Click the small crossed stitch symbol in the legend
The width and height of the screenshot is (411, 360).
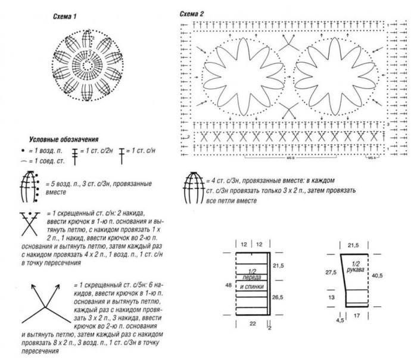27,222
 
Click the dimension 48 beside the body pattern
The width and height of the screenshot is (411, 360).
229,285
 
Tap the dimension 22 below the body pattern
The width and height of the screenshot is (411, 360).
252,322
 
